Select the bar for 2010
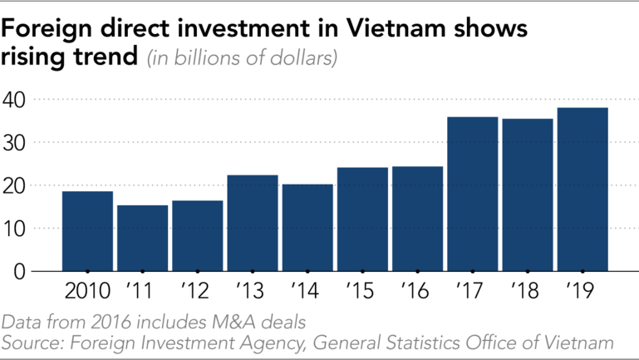(x=87, y=231)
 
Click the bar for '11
(x=142, y=238)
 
